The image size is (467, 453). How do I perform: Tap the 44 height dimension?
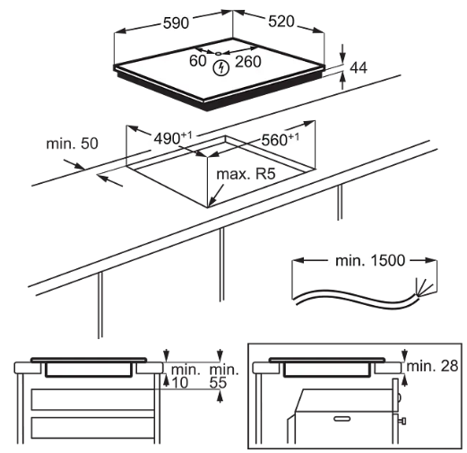tap(359, 66)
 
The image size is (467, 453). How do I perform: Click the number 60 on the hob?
tap(196, 61)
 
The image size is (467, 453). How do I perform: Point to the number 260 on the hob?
tap(247, 64)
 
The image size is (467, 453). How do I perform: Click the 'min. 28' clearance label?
tap(433, 365)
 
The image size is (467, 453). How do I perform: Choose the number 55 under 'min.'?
tap(220, 383)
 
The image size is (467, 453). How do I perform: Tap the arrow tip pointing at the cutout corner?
tap(209, 205)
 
